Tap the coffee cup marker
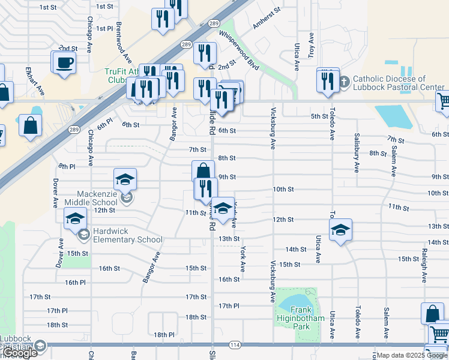(65, 62)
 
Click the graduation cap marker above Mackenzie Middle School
(125, 179)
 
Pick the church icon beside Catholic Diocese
(343, 82)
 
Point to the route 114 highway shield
(235, 345)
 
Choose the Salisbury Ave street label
(357, 153)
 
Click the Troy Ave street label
(311, 45)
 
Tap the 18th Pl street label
(164, 335)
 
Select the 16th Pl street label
(75, 282)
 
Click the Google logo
(20, 353)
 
